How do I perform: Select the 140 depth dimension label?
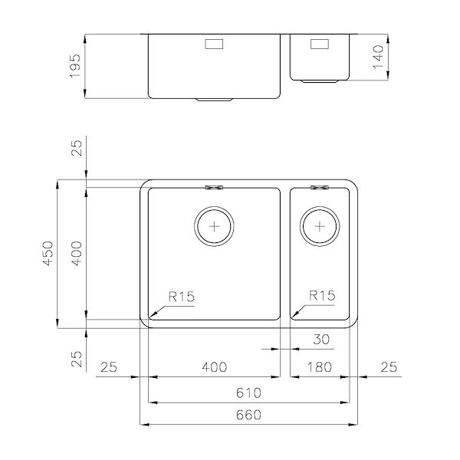point(376,56)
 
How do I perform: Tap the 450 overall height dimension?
point(48,254)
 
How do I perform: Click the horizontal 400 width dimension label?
point(214,367)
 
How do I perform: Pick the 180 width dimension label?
point(319,367)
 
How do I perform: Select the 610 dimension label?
point(248,393)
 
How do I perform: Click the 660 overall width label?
point(248,415)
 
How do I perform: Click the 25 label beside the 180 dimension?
point(389,367)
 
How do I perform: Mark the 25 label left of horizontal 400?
point(108,367)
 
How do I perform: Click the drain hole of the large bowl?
point(214,226)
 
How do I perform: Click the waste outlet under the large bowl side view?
point(214,99)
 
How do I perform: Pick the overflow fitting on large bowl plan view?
point(214,186)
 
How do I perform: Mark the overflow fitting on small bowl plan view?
point(319,186)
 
